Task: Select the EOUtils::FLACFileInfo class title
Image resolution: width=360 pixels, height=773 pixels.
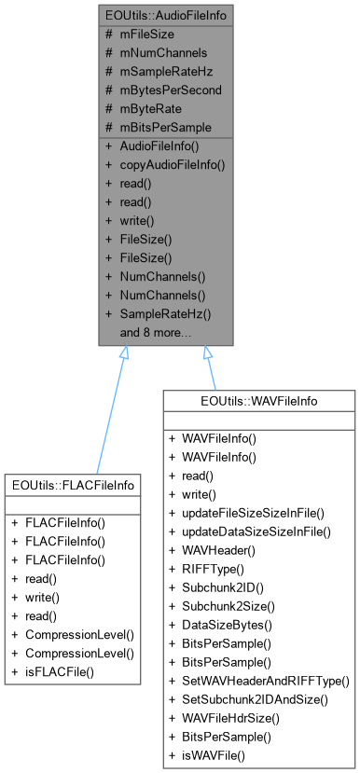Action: pyautogui.click(x=72, y=485)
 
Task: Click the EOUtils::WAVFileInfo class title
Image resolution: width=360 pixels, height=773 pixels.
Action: pyautogui.click(x=260, y=401)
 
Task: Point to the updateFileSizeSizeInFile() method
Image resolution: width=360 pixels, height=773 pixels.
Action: pyautogui.click(x=257, y=512)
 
